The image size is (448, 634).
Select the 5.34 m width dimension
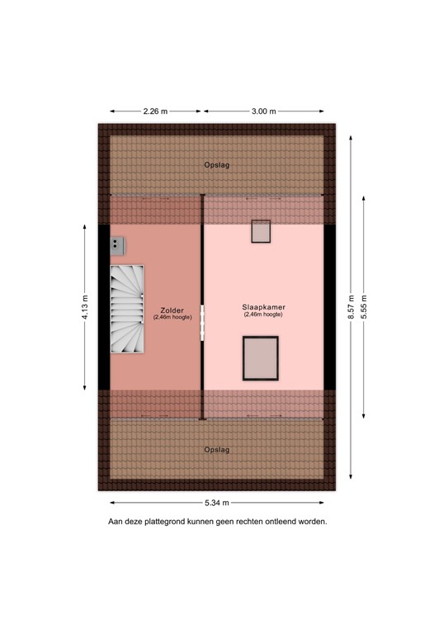[x=217, y=503]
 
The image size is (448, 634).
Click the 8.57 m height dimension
[x=351, y=307]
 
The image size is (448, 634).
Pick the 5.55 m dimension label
[x=364, y=307]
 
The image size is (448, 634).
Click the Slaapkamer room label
[x=263, y=306]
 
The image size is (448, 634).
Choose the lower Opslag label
[x=217, y=450]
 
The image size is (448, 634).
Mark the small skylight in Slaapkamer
[x=262, y=231]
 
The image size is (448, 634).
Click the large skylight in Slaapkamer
[x=261, y=357]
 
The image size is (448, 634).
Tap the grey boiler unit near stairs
[x=117, y=244]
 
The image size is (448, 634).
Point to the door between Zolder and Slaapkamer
[x=202, y=322]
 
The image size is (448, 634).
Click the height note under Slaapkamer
[x=263, y=315]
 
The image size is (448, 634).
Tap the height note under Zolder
[x=172, y=318]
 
